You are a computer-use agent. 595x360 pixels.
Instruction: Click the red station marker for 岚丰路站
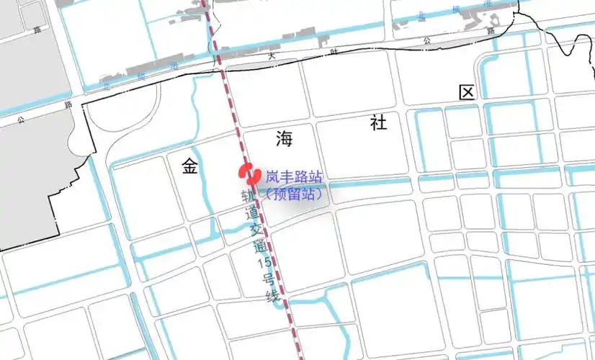coord(249,174)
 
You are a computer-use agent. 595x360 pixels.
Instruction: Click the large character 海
coord(283,139)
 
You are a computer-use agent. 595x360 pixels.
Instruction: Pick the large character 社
coord(378,122)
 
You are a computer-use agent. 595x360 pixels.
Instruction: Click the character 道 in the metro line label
coord(252,214)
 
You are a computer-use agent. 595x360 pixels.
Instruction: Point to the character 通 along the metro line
coord(260,248)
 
